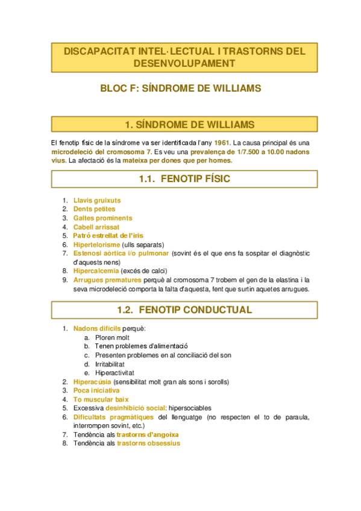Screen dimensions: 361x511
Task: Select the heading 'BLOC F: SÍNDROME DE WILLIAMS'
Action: tap(180, 88)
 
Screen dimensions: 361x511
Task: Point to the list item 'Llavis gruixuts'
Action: tap(97, 200)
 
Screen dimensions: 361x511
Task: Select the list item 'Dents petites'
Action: tap(94, 209)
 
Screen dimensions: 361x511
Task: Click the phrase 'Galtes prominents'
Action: tap(102, 218)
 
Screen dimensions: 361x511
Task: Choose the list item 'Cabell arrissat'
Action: tap(96, 227)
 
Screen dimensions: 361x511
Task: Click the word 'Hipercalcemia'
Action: tap(97, 271)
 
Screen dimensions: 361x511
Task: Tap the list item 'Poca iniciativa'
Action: tap(96, 390)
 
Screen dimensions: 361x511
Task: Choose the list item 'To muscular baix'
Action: tap(101, 400)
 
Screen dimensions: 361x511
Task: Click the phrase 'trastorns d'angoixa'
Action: tap(148, 434)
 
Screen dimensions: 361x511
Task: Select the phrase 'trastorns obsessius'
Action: tap(148, 444)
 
